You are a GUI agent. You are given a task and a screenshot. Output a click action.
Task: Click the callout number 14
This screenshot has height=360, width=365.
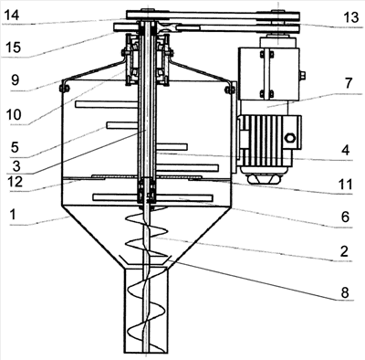12,15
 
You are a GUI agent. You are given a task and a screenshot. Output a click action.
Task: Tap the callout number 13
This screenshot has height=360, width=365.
351,17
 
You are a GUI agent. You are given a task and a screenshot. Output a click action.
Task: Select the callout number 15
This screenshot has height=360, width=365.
13,48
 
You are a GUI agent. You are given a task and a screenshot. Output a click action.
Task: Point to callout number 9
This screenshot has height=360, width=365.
15,80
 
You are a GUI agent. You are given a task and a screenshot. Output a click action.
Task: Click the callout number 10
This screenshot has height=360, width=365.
14,115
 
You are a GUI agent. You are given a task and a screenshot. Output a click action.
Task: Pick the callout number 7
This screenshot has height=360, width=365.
349,83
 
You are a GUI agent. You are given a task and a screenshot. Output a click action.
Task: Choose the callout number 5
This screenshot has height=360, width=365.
15,147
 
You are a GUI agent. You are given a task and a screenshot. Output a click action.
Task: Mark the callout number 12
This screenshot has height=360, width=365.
15,182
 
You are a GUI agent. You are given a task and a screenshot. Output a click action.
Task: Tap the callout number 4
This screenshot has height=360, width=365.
346,150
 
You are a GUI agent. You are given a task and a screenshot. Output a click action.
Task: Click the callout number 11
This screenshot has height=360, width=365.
345,185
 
